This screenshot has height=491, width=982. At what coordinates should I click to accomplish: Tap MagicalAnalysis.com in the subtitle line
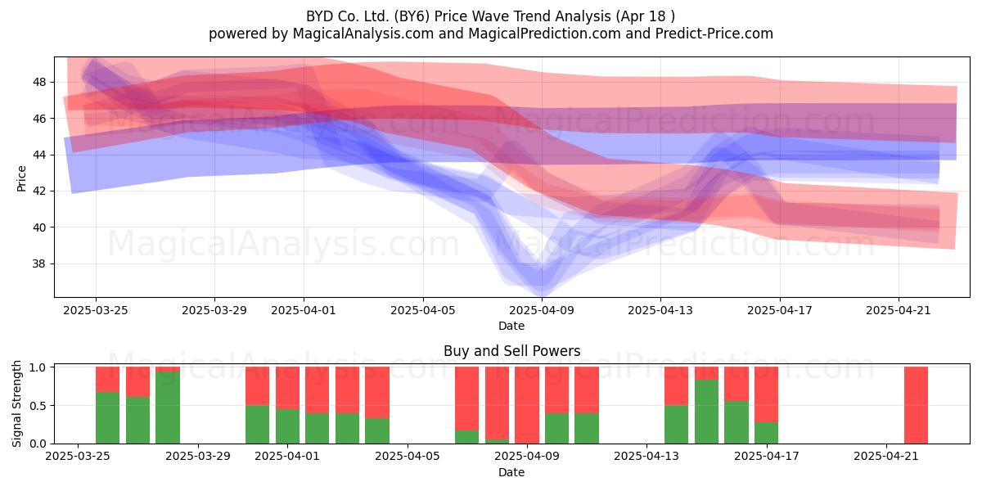363,34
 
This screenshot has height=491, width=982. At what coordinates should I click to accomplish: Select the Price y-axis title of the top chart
21,178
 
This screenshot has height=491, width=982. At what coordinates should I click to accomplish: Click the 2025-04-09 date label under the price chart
541,310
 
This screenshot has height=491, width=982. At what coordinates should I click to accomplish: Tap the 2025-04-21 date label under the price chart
899,310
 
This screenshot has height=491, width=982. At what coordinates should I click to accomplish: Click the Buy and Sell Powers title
511,351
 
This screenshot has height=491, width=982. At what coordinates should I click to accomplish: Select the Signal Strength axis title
16,403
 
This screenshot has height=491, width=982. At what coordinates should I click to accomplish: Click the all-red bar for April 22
917,405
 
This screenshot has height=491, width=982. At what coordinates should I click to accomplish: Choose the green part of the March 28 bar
168,408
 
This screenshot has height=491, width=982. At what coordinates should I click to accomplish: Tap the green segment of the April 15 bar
706,412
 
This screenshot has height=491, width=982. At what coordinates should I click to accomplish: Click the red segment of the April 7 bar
467,399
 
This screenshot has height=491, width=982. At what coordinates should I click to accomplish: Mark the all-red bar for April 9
527,405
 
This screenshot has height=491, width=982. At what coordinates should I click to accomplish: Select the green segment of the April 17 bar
766,433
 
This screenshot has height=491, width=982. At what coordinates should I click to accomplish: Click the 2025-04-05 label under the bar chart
408,456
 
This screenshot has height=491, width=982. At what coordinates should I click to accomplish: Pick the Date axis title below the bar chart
511,472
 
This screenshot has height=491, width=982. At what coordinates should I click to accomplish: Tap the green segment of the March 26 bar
107,418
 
